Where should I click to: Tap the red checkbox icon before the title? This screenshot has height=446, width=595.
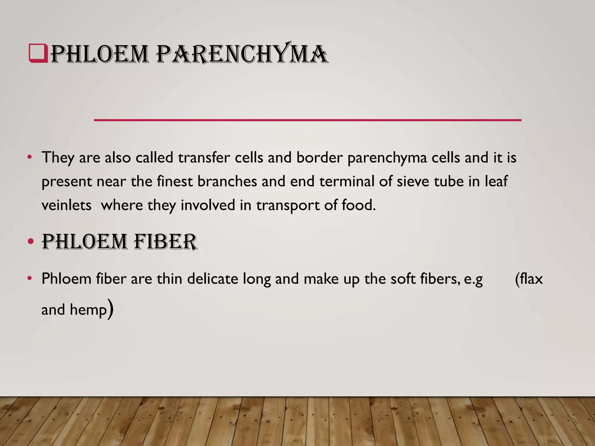[38, 53]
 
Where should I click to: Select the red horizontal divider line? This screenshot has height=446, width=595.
[307, 120]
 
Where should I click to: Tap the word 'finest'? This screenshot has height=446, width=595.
[175, 181]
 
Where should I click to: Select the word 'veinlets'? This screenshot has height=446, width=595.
[67, 205]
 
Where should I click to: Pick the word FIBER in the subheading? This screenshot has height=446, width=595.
[166, 242]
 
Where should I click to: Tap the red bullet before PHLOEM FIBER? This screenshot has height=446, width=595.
[31, 242]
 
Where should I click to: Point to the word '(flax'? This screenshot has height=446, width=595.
[529, 279]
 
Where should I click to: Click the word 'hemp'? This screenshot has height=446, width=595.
[88, 310]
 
